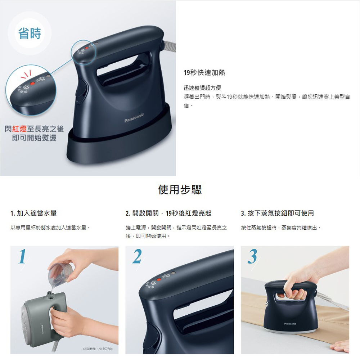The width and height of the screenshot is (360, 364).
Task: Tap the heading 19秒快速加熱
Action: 204,73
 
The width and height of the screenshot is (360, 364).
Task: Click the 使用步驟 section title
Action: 180,189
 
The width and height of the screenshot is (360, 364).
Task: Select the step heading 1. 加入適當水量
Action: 33,214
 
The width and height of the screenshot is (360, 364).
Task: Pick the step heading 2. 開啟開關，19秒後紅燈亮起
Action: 168,214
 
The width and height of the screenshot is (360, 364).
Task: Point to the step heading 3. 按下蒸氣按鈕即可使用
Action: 277,214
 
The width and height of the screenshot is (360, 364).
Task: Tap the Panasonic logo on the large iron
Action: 134,117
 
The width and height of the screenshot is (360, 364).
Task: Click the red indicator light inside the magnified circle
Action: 32,83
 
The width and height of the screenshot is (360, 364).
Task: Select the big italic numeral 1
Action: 22,257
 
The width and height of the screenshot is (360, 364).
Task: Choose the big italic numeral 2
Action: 137,257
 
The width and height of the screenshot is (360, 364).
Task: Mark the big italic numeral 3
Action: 252,257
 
